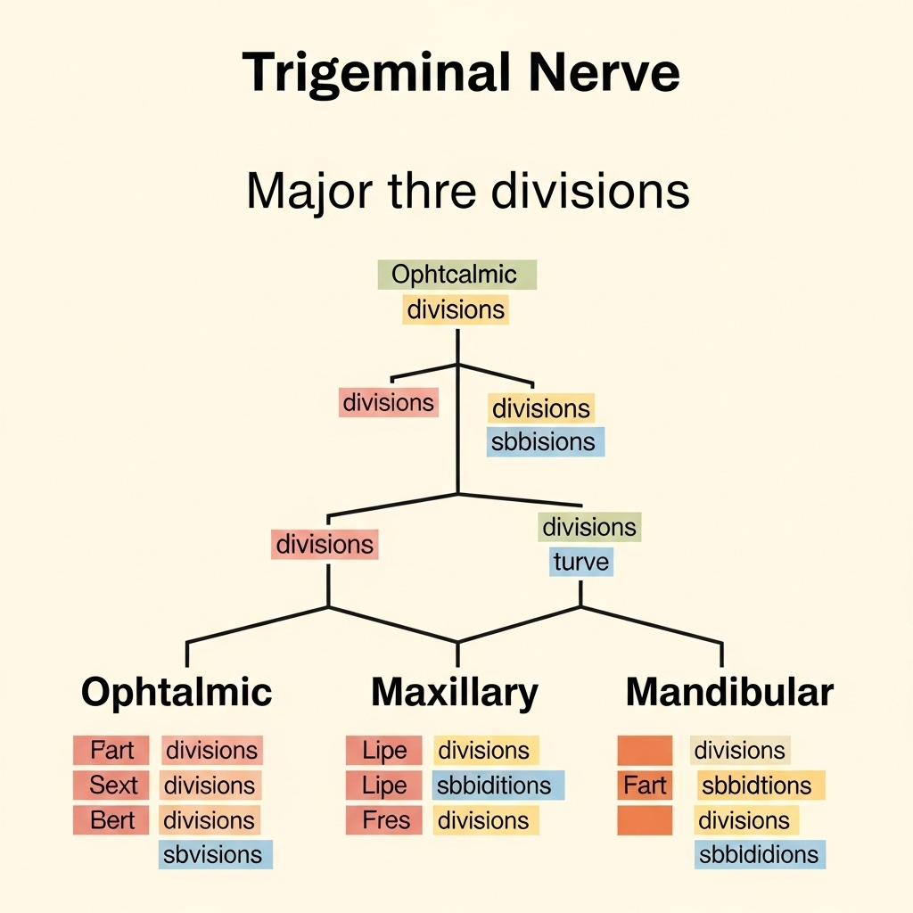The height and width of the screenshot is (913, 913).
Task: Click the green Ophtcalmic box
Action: pos(456,274)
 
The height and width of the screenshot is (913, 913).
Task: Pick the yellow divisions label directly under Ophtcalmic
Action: pos(456,309)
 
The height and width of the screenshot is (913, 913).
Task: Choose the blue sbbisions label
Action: pos(545,442)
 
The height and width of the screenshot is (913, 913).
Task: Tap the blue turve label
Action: pos(580,562)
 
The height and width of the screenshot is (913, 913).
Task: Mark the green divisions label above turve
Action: pos(589,527)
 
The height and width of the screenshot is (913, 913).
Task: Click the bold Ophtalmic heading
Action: pos(177,692)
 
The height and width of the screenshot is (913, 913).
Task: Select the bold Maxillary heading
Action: pos(455,692)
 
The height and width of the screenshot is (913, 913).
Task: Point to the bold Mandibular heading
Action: pos(729,692)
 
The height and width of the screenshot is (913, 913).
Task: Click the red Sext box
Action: pos(112,786)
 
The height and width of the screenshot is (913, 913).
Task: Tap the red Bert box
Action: pos(112,820)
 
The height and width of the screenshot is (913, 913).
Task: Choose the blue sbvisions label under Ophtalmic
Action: pos(215,855)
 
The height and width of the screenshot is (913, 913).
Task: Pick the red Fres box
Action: pos(385,820)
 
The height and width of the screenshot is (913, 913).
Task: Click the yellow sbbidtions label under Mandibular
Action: pos(756,786)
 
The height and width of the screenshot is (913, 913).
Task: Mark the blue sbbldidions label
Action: pos(759,855)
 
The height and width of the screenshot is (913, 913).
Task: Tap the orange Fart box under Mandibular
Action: pos(645,786)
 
